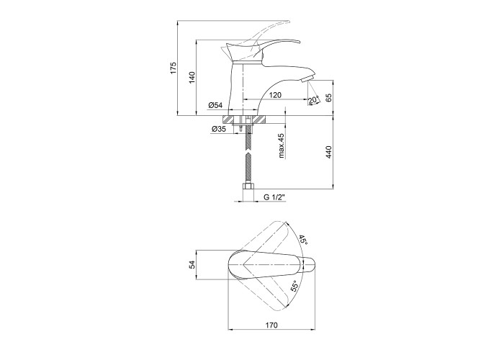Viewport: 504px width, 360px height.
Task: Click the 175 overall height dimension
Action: pyautogui.click(x=174, y=68)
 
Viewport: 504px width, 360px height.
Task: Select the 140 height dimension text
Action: pyautogui.click(x=192, y=78)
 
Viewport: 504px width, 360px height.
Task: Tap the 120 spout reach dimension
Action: pyautogui.click(x=275, y=95)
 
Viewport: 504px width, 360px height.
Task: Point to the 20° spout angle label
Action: pyautogui.click(x=314, y=99)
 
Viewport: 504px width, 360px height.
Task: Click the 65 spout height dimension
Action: pyautogui.click(x=328, y=98)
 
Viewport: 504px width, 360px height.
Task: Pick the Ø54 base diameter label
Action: pyautogui.click(x=215, y=105)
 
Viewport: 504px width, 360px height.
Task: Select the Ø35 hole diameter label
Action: pyautogui.click(x=219, y=129)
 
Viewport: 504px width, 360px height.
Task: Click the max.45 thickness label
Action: pyautogui.click(x=282, y=146)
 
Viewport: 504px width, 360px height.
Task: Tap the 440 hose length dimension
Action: pyautogui.click(x=328, y=152)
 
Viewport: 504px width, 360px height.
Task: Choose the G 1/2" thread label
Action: pyautogui.click(x=275, y=197)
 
